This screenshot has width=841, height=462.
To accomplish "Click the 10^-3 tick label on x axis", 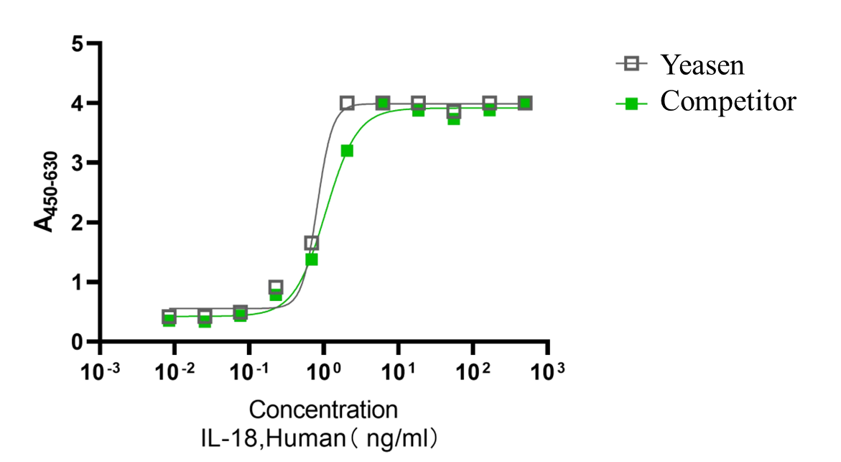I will (100, 371).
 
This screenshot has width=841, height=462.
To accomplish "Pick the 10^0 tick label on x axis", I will (323, 371).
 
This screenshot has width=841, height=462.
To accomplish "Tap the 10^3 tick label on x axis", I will (547, 371).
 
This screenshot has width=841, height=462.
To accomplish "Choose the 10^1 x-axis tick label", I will (398, 371).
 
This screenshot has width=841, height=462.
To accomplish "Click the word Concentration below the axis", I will (323, 410).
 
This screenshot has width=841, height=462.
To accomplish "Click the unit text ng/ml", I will (396, 436).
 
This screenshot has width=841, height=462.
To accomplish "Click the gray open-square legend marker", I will (631, 63).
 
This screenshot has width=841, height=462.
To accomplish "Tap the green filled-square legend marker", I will (631, 103).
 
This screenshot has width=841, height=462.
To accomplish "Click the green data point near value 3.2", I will (347, 151).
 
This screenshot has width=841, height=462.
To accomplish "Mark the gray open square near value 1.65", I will (311, 243).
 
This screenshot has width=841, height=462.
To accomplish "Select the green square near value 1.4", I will (312, 259).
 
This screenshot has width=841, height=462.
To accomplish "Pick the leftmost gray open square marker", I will (169, 316).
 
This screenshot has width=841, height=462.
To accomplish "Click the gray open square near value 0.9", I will (276, 287).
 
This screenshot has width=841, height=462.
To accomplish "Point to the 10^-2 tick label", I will (175, 371).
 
